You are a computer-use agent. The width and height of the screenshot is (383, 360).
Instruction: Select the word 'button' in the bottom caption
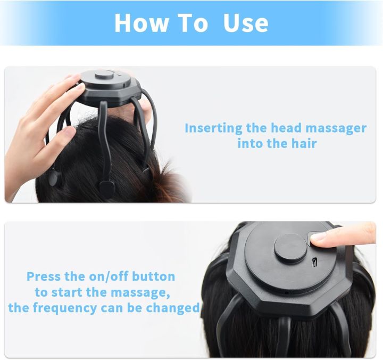click(154, 276)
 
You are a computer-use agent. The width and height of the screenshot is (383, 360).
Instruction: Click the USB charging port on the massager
click(315, 263)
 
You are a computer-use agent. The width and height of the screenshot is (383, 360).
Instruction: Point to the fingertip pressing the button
click(319, 240)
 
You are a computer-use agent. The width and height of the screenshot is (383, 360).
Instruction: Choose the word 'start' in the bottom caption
click(67, 292)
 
